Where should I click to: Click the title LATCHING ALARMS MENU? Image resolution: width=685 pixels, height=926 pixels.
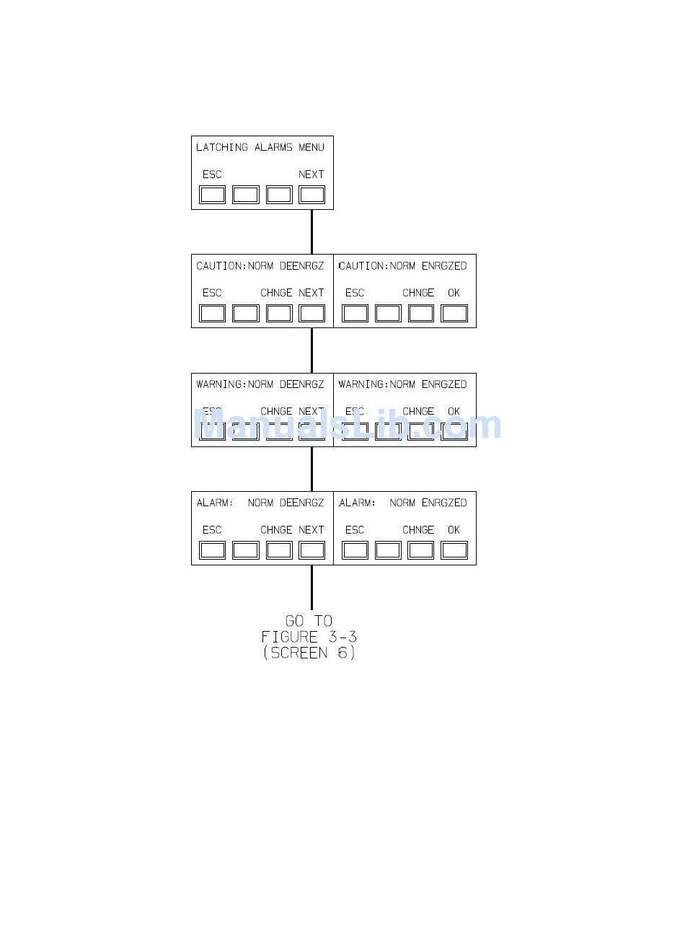pyautogui.click(x=260, y=148)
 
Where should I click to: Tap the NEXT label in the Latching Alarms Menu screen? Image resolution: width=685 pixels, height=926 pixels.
pyautogui.click(x=311, y=175)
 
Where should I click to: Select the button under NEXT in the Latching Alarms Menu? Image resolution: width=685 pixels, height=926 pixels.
pyautogui.click(x=311, y=195)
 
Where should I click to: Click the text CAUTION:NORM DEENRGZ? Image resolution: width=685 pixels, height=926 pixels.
pyautogui.click(x=260, y=266)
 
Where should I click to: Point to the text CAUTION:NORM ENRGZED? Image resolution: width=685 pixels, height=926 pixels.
pyautogui.click(x=402, y=266)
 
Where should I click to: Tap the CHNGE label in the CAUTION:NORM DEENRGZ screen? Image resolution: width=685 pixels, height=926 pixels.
pyautogui.click(x=276, y=293)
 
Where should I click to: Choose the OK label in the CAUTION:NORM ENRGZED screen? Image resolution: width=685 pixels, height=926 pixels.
pyautogui.click(x=454, y=293)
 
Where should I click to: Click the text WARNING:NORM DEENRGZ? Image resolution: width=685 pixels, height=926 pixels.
pyautogui.click(x=260, y=384)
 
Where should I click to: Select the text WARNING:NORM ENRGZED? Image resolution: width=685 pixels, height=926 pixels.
pyautogui.click(x=402, y=384)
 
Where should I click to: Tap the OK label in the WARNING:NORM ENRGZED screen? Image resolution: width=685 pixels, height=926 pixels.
pyautogui.click(x=454, y=411)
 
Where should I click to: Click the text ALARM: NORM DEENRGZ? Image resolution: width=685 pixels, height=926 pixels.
pyautogui.click(x=260, y=503)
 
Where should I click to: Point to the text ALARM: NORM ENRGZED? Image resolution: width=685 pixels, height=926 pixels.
pyautogui.click(x=402, y=503)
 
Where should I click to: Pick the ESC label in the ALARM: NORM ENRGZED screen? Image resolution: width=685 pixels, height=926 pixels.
pyautogui.click(x=355, y=530)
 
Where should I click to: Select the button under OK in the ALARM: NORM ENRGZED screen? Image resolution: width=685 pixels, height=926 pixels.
pyautogui.click(x=454, y=550)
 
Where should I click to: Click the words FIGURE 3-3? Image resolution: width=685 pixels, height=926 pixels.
pyautogui.click(x=309, y=637)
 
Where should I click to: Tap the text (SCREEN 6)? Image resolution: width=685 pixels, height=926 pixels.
pyautogui.click(x=309, y=653)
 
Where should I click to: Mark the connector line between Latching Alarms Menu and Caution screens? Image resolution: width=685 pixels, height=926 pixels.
pyautogui.click(x=311, y=231)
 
